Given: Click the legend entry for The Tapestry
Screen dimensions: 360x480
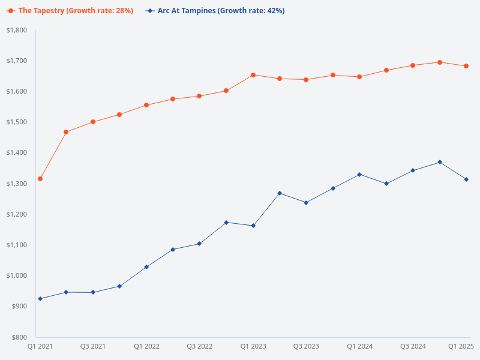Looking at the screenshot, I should point(70,11).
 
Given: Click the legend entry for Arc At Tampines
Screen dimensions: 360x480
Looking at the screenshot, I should point(215,11).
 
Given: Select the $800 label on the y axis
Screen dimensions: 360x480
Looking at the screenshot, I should point(19,337).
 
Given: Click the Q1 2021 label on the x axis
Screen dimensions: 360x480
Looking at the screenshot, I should point(40,346).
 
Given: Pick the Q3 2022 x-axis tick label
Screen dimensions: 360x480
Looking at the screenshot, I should point(200,346).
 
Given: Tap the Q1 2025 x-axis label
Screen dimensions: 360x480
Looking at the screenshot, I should point(461,346).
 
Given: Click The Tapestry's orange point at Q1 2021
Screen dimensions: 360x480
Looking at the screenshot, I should point(40,179).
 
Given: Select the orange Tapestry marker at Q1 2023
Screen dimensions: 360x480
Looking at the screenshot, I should point(253,75).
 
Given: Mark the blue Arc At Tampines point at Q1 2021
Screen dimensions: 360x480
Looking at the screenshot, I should point(40,299).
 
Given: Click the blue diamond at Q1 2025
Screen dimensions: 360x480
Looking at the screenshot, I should point(466,179).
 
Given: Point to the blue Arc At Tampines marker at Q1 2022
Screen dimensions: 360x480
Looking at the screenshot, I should point(146,267).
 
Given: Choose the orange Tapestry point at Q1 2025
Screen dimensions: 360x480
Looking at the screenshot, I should point(466,66).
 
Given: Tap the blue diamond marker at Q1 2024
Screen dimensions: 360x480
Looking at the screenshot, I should point(359,175).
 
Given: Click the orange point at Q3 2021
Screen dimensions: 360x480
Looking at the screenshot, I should point(93,122).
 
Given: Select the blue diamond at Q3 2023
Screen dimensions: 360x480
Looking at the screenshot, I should point(306,203).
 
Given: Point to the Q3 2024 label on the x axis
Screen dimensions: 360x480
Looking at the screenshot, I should point(413,346).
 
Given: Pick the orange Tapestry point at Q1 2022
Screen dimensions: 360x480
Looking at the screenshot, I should point(146,105).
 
